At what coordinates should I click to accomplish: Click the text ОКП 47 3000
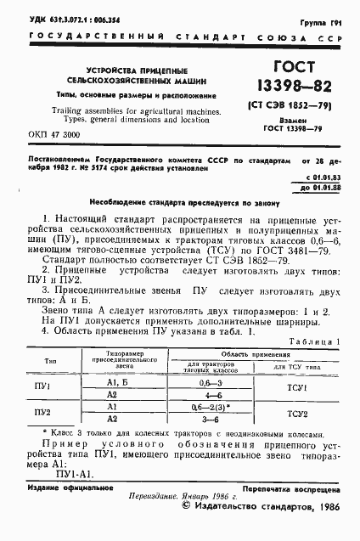[x=54, y=135]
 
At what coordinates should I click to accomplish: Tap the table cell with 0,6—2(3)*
[x=203, y=406]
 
